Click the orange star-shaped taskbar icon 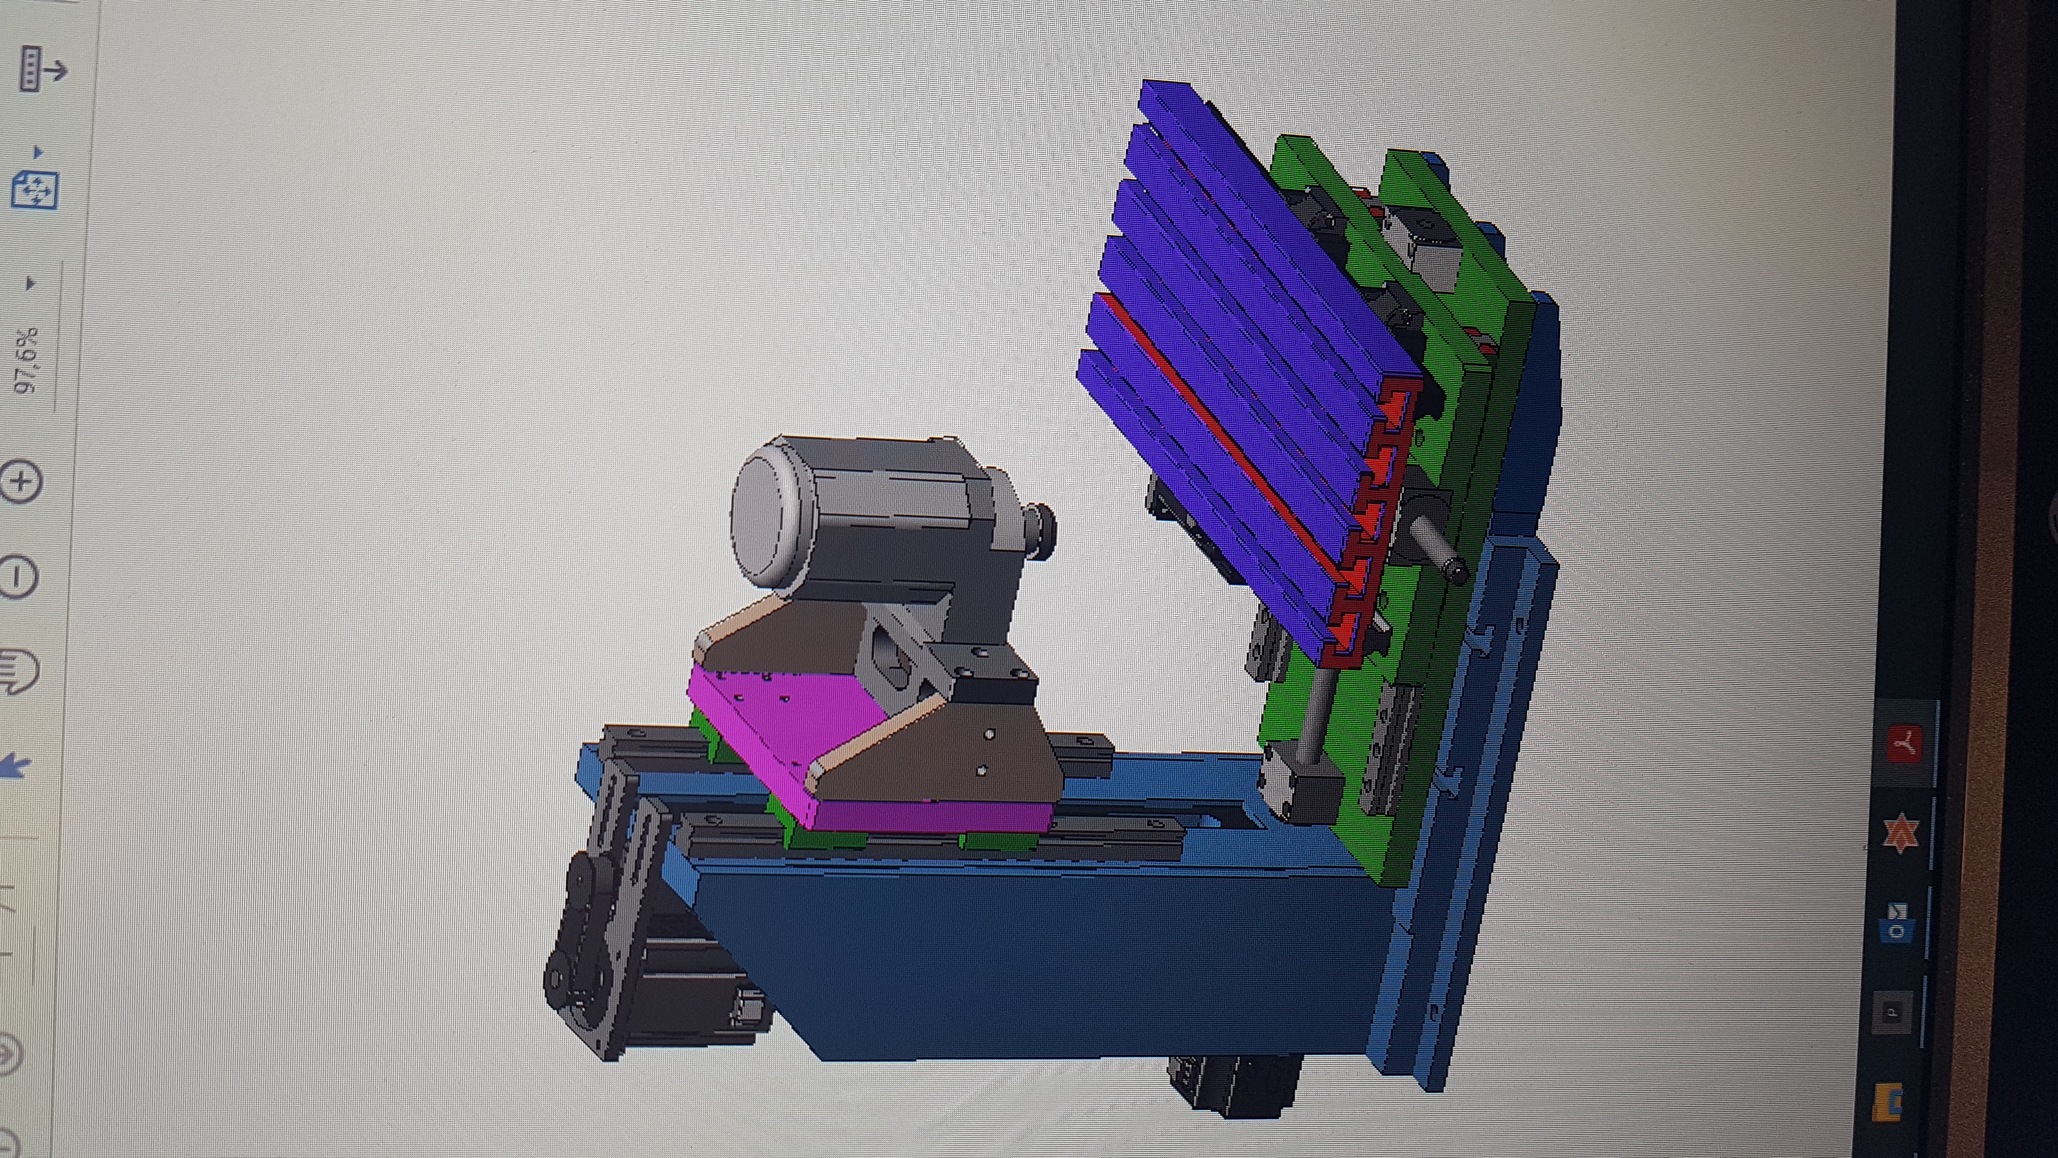(x=1900, y=835)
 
